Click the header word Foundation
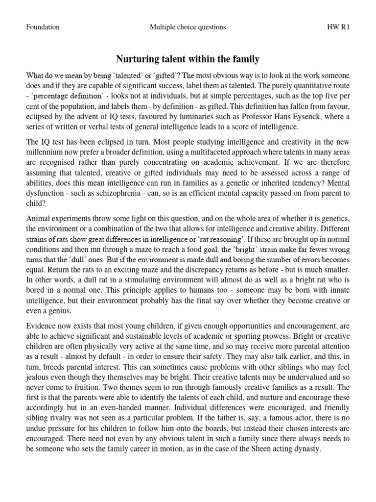click(x=43, y=27)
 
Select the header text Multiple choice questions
click(x=188, y=27)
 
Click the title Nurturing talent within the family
click(x=188, y=60)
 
